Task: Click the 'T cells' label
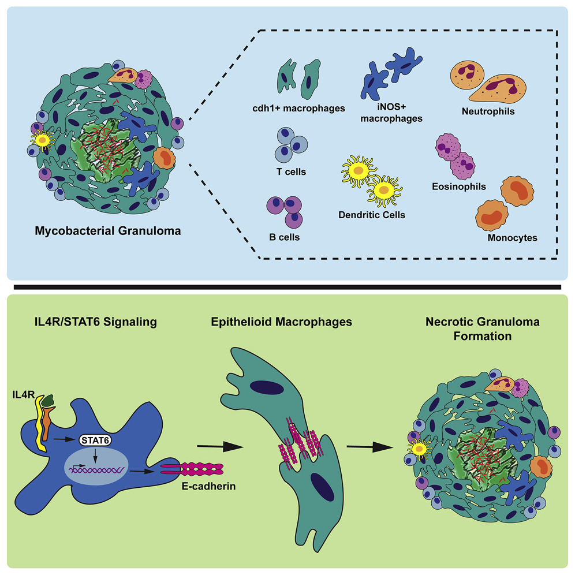click(x=291, y=171)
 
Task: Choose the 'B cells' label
click(x=287, y=237)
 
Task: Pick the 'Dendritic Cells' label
click(x=372, y=215)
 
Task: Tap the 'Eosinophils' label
click(x=458, y=187)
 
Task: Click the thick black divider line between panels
click(x=287, y=286)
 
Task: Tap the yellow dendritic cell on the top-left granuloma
click(x=43, y=137)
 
